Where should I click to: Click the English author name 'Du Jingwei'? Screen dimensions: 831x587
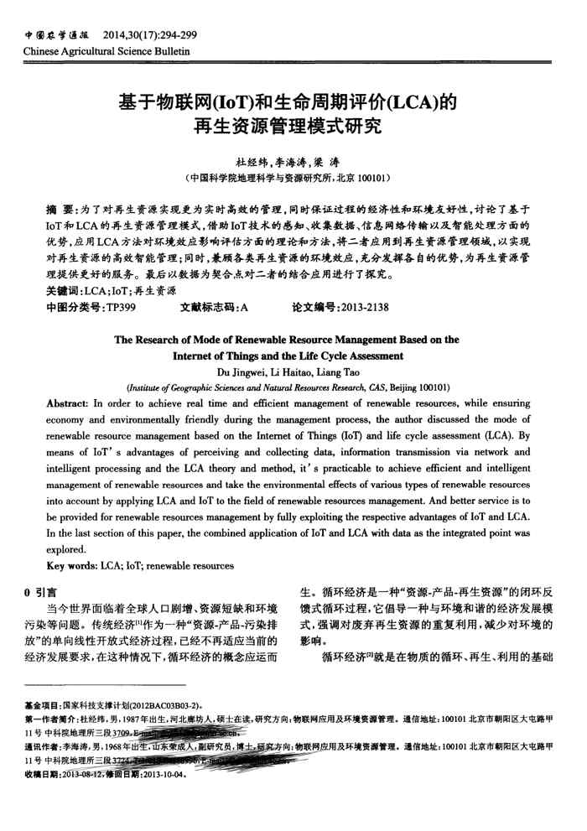244,372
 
